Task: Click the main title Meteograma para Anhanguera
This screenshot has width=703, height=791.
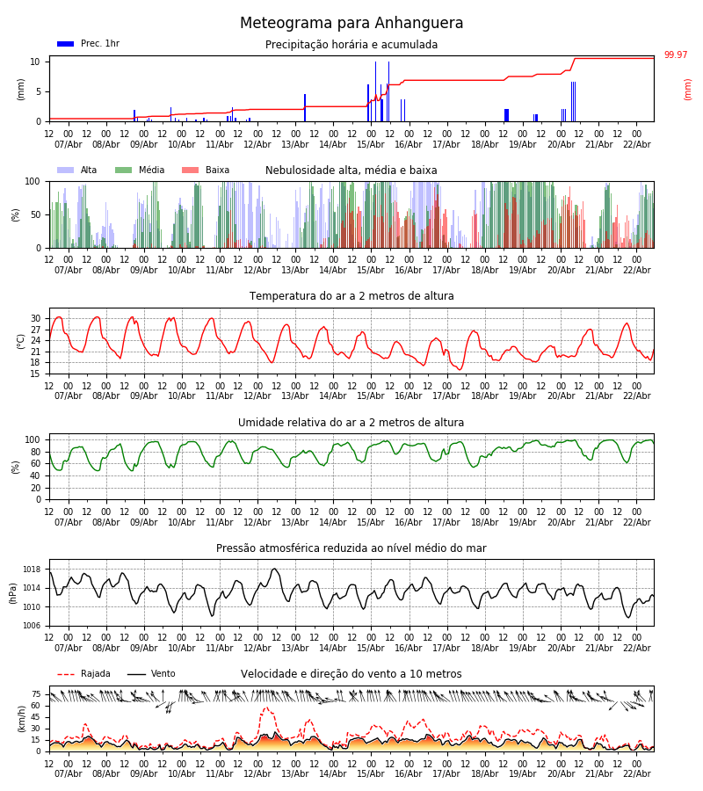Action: tap(351, 24)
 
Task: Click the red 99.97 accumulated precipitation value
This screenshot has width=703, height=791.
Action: tap(676, 55)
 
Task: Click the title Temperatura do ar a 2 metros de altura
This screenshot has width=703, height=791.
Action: tap(351, 296)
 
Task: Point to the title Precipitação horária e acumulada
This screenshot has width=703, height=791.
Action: tap(351, 45)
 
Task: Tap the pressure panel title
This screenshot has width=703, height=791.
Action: tap(351, 548)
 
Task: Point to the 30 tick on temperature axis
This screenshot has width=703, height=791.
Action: tap(35, 318)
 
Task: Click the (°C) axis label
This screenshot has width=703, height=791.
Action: tap(21, 340)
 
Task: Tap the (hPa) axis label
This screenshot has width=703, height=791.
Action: tap(12, 592)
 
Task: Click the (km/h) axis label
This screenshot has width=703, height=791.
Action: tap(21, 718)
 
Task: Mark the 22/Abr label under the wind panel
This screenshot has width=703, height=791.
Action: tap(636, 773)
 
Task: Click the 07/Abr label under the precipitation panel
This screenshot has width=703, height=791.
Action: tap(69, 144)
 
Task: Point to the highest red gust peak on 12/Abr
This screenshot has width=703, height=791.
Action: tap(266, 708)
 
